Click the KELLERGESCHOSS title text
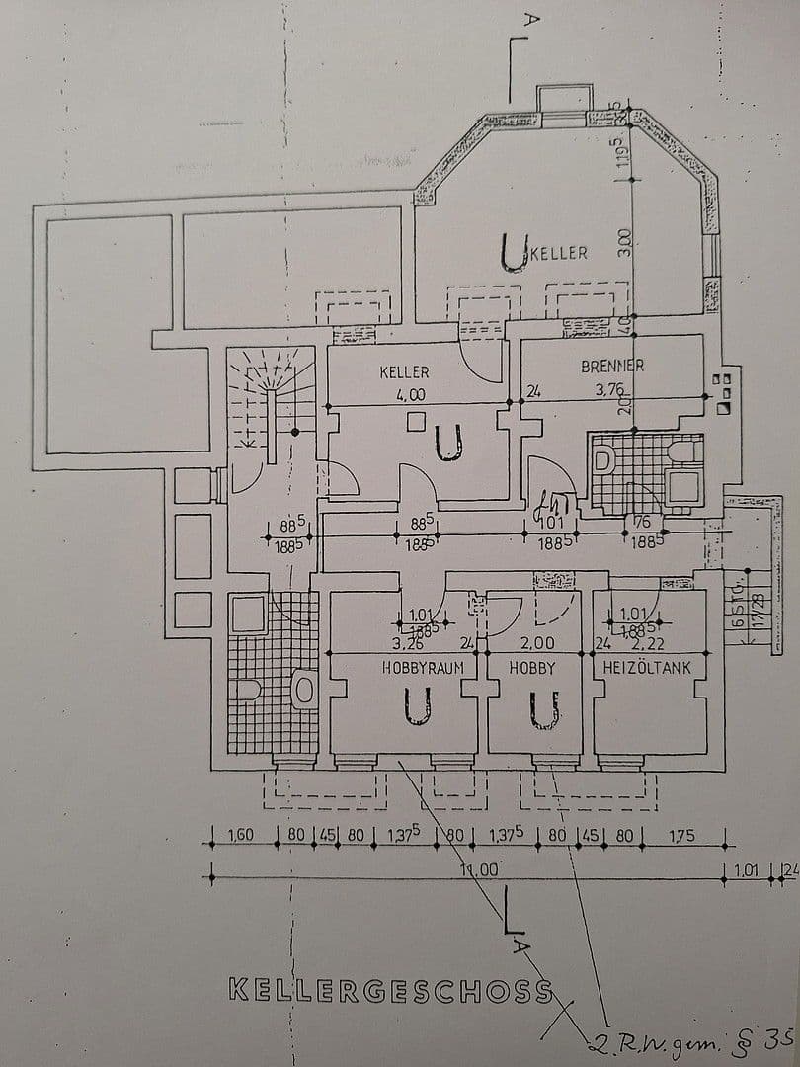pyautogui.click(x=390, y=990)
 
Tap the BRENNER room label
pyautogui.click(x=612, y=366)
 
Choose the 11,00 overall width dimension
pyautogui.click(x=479, y=870)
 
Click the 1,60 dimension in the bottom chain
pyautogui.click(x=241, y=836)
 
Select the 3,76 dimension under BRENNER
pyautogui.click(x=608, y=389)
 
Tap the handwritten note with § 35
pyautogui.click(x=681, y=1038)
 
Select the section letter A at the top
pyautogui.click(x=531, y=19)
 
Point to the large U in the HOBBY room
pyautogui.click(x=543, y=709)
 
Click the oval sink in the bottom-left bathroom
pyautogui.click(x=303, y=690)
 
